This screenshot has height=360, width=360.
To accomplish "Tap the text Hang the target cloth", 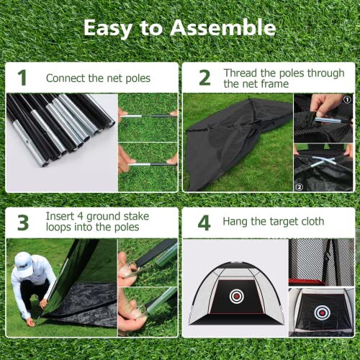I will [273, 222].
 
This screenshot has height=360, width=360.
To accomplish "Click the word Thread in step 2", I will [240, 73].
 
